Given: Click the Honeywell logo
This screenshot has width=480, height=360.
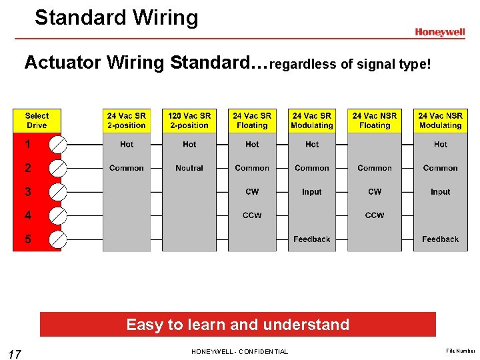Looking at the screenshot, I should pyautogui.click(x=439, y=32).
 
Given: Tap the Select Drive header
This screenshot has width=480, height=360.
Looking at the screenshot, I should pyautogui.click(x=37, y=121).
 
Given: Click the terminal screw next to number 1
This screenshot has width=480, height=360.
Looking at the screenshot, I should pyautogui.click(x=58, y=144).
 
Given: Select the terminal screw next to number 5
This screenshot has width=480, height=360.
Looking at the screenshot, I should pyautogui.click(x=58, y=239).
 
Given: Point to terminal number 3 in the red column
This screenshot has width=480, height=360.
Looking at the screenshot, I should pyautogui.click(x=28, y=192).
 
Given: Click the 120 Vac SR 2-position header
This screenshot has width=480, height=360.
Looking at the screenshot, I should pyautogui.click(x=189, y=121).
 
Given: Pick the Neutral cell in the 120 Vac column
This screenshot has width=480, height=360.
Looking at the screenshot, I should pyautogui.click(x=189, y=168).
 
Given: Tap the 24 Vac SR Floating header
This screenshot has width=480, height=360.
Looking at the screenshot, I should pyautogui.click(x=252, y=121).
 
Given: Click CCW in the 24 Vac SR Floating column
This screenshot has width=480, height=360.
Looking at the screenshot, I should pyautogui.click(x=252, y=215).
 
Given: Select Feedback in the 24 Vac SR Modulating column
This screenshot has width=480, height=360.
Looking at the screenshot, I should pyautogui.click(x=311, y=239).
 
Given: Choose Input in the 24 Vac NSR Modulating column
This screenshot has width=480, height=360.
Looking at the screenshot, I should pyautogui.click(x=440, y=192).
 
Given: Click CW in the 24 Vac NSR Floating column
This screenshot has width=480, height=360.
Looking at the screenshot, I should pyautogui.click(x=375, y=192).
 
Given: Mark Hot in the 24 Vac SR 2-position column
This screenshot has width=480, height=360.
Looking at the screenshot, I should pyautogui.click(x=127, y=144).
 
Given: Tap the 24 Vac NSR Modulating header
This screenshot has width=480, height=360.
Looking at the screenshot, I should pyautogui.click(x=440, y=121).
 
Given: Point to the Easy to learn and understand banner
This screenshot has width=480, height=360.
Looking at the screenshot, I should pyautogui.click(x=237, y=325).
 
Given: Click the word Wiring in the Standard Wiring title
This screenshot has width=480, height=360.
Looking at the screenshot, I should pyautogui.click(x=163, y=17).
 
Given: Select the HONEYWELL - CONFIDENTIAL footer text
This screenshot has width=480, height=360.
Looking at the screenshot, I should pyautogui.click(x=239, y=351).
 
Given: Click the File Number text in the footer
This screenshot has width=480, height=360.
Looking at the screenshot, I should pyautogui.click(x=461, y=349).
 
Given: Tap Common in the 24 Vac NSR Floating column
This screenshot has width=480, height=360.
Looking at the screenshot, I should pyautogui.click(x=375, y=168).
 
